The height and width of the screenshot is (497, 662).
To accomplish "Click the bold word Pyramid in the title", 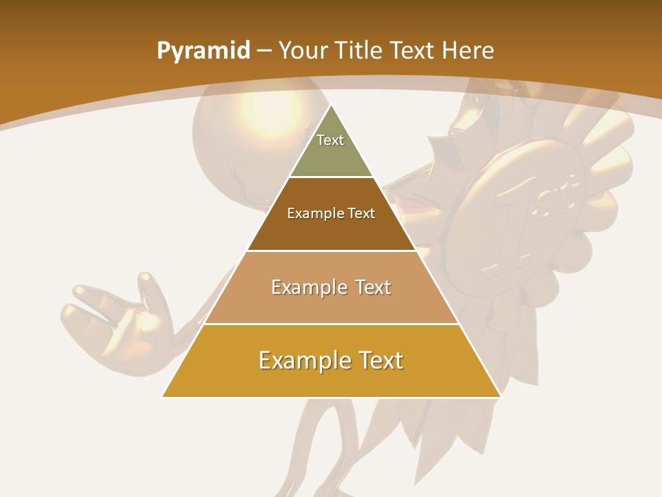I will click(203, 51).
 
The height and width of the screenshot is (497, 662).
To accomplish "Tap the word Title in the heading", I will click(359, 50).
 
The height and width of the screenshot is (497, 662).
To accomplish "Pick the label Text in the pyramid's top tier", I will click(330, 140).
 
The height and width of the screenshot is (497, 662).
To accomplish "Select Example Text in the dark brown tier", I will click(331, 213).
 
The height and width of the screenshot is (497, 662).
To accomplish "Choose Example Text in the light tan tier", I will click(331, 287).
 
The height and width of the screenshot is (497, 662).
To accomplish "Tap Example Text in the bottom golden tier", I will click(331, 360).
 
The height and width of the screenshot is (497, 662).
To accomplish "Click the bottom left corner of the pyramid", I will click(163, 396).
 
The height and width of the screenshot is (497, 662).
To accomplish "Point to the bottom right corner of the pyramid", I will click(500, 396).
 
